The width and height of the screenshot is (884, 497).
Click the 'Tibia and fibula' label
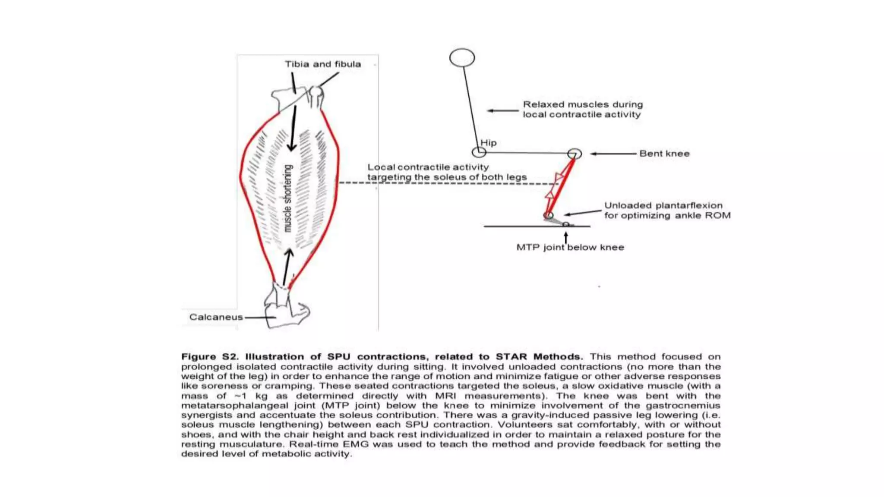pos(322,64)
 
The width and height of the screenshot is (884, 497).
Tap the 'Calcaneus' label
pos(216,317)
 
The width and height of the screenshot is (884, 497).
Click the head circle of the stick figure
pos(462,58)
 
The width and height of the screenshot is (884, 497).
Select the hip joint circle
pos(479,152)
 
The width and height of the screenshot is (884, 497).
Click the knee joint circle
pos(575,154)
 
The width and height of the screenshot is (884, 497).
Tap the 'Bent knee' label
pos(664,154)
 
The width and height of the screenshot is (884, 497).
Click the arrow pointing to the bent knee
pos(613,154)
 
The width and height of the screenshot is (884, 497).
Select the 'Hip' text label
pos(489,143)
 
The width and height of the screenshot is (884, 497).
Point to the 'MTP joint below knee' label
pos(570,248)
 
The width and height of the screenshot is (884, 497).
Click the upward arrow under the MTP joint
pos(566,238)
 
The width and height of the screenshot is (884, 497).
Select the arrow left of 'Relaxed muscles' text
pos(503,110)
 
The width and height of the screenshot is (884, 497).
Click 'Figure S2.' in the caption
pos(209,357)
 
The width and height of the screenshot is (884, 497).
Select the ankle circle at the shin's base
pos(548,215)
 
